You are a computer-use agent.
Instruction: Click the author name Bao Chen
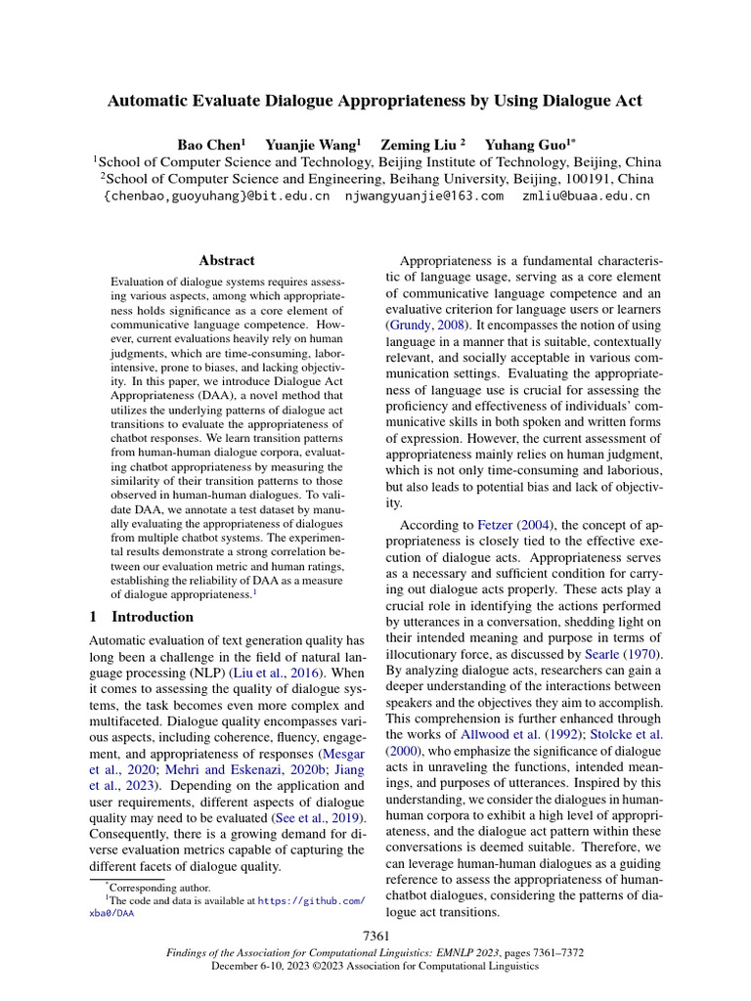(x=208, y=144)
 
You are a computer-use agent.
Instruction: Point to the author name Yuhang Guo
(x=518, y=144)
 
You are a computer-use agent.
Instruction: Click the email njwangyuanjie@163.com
(x=424, y=196)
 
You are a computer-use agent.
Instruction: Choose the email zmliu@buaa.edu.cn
(x=586, y=196)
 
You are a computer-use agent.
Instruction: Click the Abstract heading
(x=226, y=261)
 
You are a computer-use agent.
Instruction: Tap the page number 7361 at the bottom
(x=375, y=937)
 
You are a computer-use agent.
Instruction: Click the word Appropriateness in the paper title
(x=367, y=101)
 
